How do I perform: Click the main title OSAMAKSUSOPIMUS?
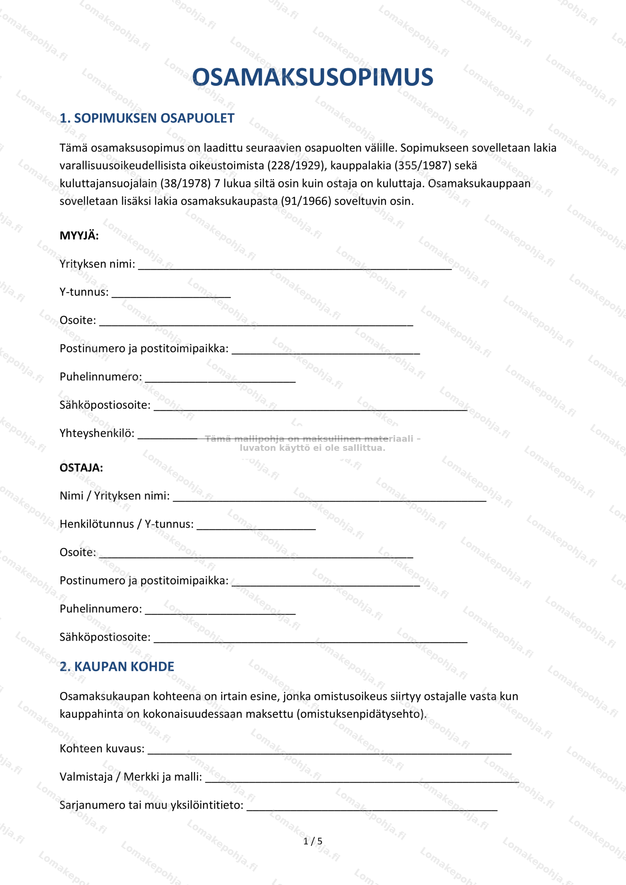coord(312,77)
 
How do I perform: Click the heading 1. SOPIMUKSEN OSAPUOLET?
coord(147,118)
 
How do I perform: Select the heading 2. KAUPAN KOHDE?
coord(117,667)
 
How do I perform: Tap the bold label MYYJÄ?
coord(79,235)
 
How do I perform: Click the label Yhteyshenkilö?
coord(97,433)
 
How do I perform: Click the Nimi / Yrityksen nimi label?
coord(114,496)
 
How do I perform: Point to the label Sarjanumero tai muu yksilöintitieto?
coord(151,805)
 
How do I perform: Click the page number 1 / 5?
coord(312,841)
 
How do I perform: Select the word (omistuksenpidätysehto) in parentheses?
coord(361,714)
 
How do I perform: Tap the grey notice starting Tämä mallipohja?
coord(312,443)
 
